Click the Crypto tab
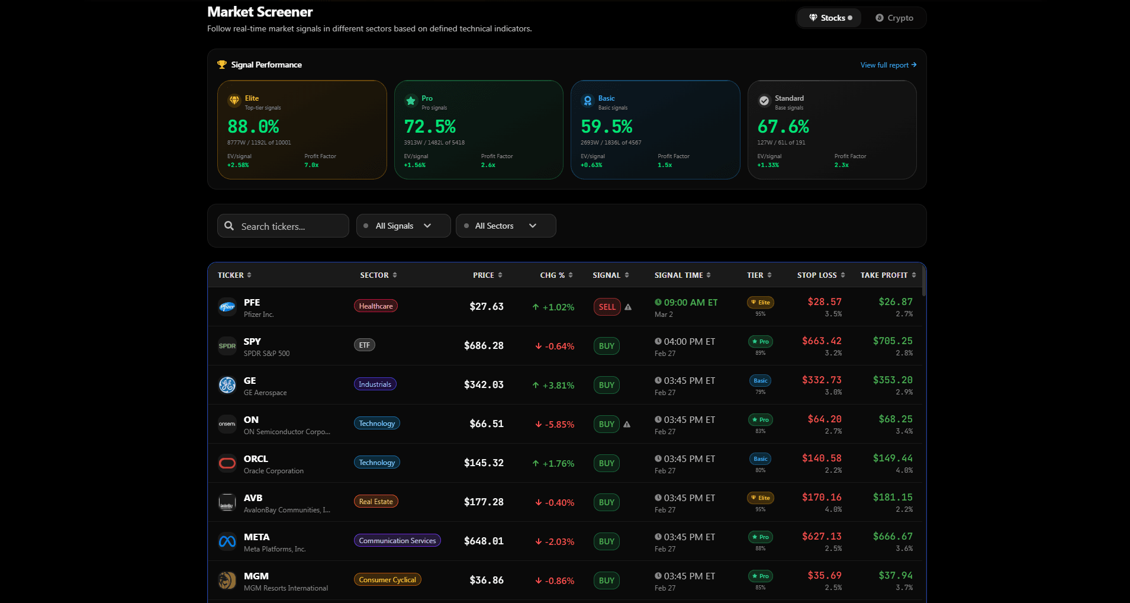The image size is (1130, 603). [894, 18]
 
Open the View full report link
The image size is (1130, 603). [888, 65]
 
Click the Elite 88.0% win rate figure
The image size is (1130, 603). [253, 127]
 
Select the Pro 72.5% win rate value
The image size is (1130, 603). [430, 127]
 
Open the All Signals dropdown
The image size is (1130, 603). [403, 226]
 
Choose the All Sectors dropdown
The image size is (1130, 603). [506, 226]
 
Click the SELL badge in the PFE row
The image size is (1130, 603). [607, 307]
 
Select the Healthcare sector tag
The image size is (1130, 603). [376, 306]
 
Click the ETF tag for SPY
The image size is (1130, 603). [365, 345]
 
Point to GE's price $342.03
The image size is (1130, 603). [484, 385]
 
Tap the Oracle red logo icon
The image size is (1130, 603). [227, 463]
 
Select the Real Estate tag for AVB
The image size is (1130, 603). [376, 502]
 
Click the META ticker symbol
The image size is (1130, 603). [256, 537]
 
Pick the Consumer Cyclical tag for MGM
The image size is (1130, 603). [388, 580]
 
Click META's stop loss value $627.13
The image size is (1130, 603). [822, 537]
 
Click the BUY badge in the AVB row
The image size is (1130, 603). [607, 502]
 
